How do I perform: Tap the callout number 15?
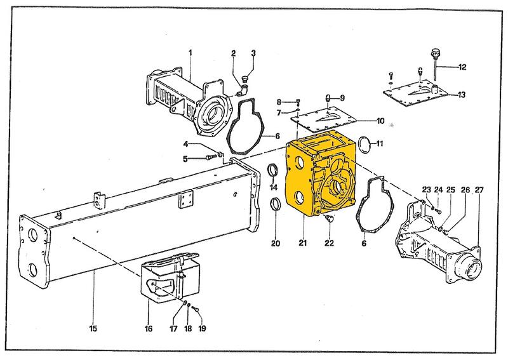tap(93, 328)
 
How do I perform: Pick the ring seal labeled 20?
tap(276, 206)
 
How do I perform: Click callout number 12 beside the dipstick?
tap(462, 67)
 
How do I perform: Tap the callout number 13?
tap(462, 95)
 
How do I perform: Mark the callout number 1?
tap(190, 51)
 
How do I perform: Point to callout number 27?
tap(478, 190)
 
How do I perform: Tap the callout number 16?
tap(148, 328)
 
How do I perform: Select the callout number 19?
tap(203, 328)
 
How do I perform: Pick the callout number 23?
tap(425, 189)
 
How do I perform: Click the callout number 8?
tap(278, 102)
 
